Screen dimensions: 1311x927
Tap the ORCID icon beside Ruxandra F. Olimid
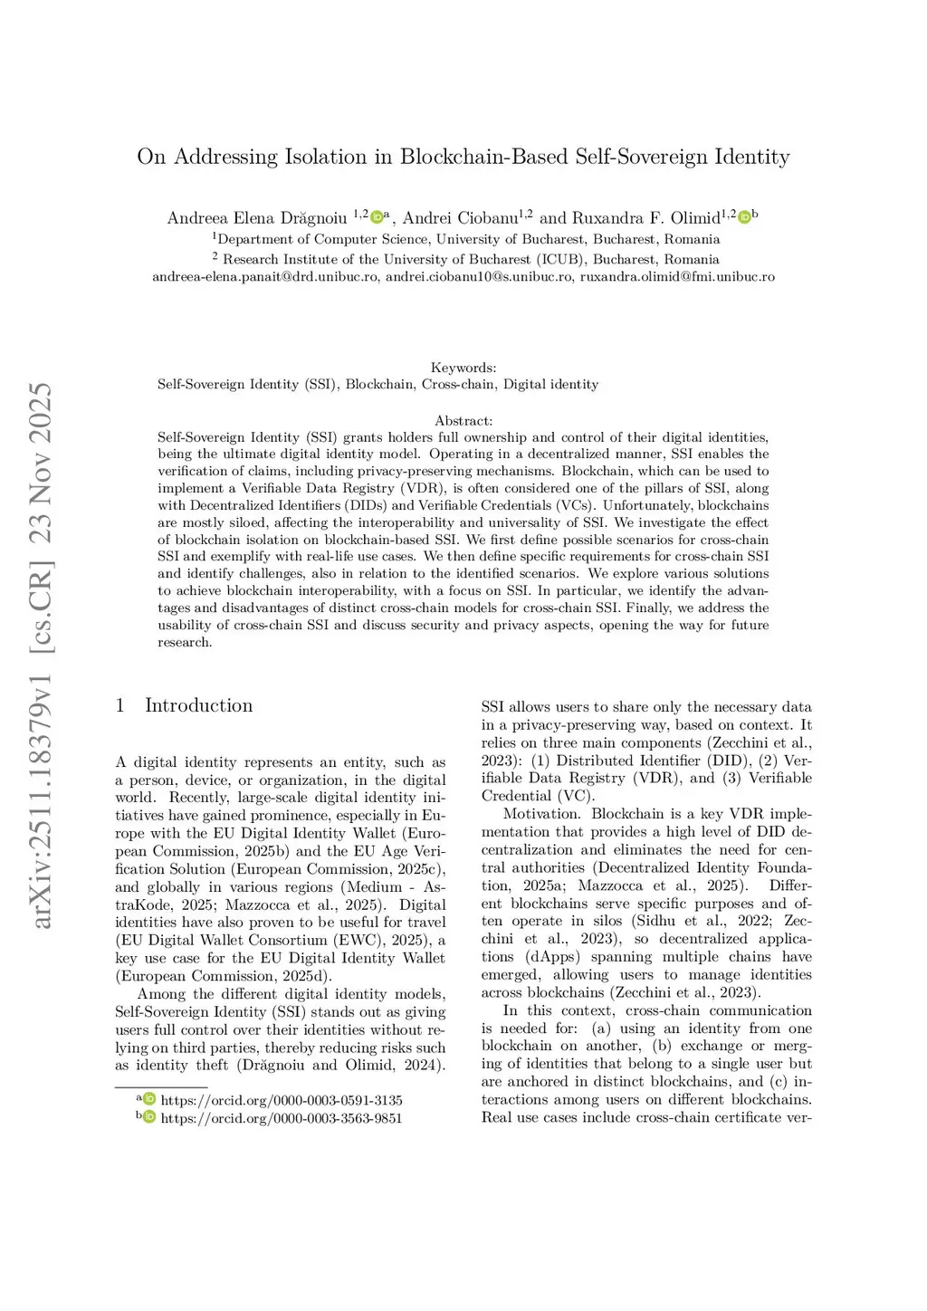click(744, 217)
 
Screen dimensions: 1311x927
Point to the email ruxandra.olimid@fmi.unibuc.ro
click(677, 276)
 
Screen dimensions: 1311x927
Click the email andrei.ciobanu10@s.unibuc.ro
click(479, 276)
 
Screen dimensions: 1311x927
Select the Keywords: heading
click(463, 368)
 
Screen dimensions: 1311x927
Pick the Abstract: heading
click(463, 420)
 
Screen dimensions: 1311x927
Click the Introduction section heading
click(198, 705)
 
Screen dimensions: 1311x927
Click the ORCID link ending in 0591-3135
click(282, 1100)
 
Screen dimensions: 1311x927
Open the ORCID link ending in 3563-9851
click(282, 1118)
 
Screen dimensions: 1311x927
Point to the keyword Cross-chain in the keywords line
click(458, 384)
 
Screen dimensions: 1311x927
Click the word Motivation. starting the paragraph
click(541, 814)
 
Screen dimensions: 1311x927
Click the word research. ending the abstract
click(185, 642)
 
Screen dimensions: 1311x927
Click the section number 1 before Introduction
click(119, 705)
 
